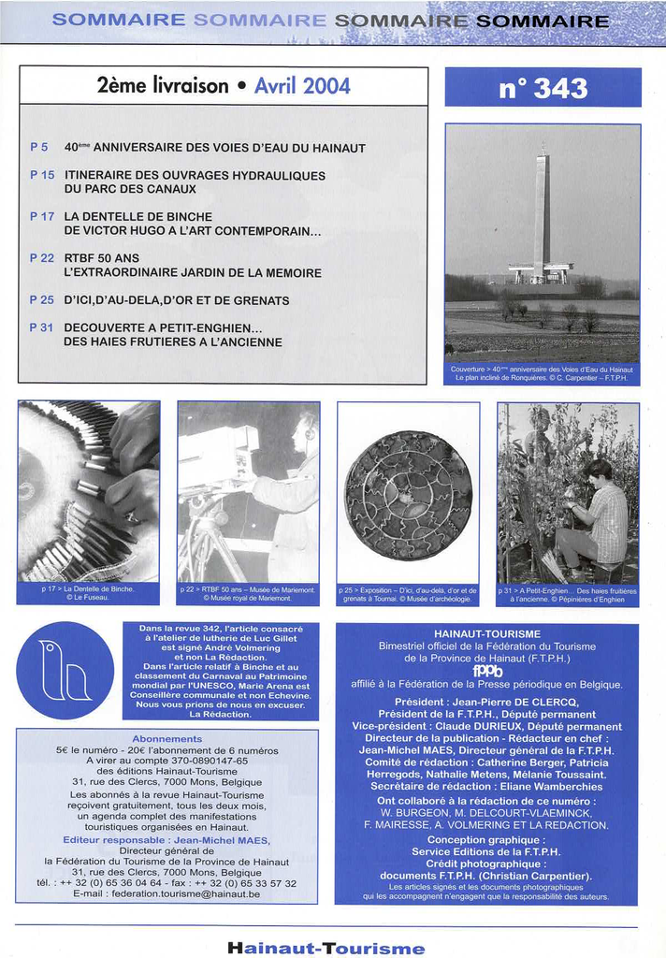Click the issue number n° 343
pyautogui.click(x=543, y=88)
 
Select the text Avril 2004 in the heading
pyautogui.click(x=302, y=87)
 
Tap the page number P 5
pyautogui.click(x=38, y=147)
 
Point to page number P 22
pyautogui.click(x=42, y=257)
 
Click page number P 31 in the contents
pyautogui.click(x=42, y=327)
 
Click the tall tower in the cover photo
pyautogui.click(x=542, y=215)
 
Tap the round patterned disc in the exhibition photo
pyautogui.click(x=408, y=495)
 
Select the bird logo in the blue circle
pyautogui.click(x=65, y=670)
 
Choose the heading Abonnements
pyautogui.click(x=167, y=738)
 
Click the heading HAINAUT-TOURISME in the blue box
pyautogui.click(x=486, y=633)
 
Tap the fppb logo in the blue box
pyautogui.click(x=486, y=670)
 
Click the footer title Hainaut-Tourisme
pyautogui.click(x=326, y=948)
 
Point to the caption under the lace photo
pyautogui.click(x=89, y=593)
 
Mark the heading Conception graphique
pyautogui.click(x=485, y=839)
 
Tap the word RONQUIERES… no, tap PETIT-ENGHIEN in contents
pyautogui.click(x=202, y=327)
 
